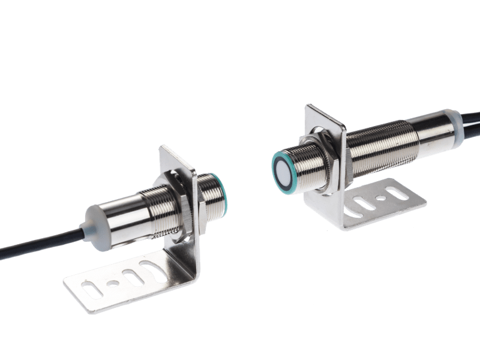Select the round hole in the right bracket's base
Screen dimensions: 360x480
pos(379,197)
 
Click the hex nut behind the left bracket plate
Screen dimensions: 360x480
pos(175,191)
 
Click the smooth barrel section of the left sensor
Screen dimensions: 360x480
pos(120,209)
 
